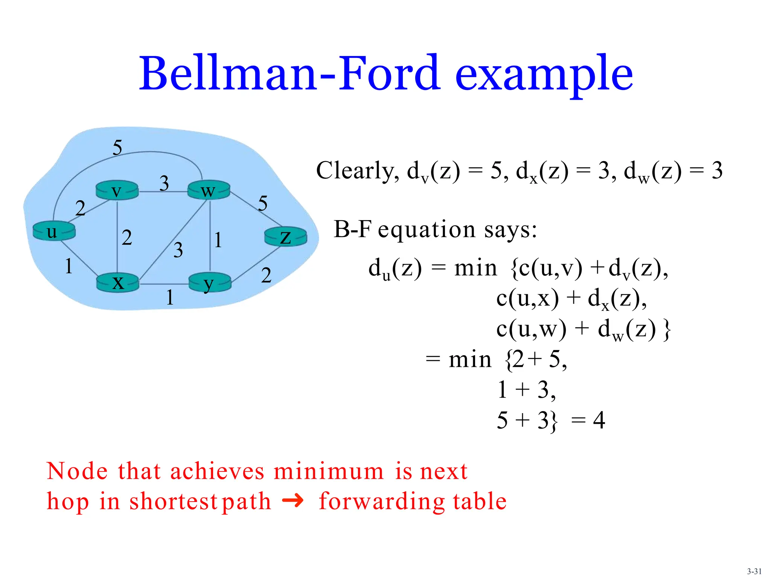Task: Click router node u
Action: click(x=54, y=231)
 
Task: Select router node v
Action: click(x=117, y=190)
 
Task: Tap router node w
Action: click(x=209, y=190)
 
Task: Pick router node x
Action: click(x=118, y=283)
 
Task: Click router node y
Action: click(x=209, y=283)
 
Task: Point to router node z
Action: click(x=286, y=237)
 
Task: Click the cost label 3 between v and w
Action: click(x=164, y=183)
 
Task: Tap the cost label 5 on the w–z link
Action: click(x=263, y=203)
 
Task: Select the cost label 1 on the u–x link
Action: click(x=69, y=266)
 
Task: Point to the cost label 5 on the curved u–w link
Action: click(x=117, y=147)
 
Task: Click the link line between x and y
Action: click(x=164, y=284)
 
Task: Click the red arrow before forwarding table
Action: click(x=293, y=500)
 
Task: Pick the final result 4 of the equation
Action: click(x=599, y=420)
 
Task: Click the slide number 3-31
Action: click(x=754, y=571)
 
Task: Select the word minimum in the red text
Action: click(x=328, y=471)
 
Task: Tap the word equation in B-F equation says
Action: click(x=427, y=230)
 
